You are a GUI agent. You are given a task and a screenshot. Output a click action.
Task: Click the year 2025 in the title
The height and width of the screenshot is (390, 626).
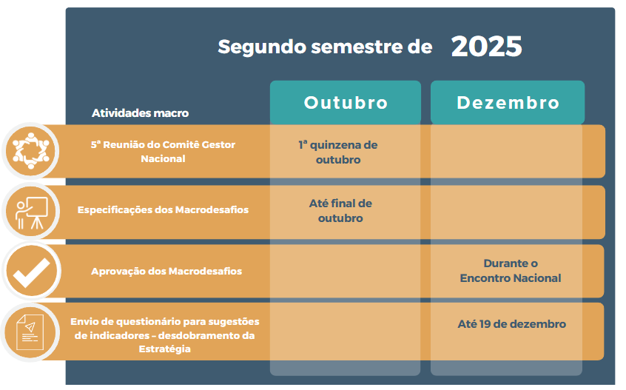click(x=486, y=47)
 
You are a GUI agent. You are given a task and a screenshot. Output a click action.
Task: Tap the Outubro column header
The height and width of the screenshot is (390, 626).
click(x=346, y=103)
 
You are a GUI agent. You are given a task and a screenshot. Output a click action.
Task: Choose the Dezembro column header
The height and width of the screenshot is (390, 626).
click(x=508, y=103)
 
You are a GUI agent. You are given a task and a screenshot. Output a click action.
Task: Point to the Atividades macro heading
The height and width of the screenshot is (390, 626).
click(x=140, y=113)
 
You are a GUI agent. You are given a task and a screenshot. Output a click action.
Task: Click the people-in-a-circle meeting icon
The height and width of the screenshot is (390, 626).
click(x=31, y=151)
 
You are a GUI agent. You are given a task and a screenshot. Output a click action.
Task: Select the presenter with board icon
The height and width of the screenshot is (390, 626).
click(x=32, y=212)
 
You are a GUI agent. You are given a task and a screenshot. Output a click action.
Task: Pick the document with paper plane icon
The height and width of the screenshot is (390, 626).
click(x=30, y=332)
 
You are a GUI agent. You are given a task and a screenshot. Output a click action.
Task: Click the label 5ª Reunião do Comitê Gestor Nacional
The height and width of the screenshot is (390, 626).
click(x=163, y=151)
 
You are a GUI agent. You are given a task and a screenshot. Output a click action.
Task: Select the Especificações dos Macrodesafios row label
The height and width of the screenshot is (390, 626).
click(x=163, y=210)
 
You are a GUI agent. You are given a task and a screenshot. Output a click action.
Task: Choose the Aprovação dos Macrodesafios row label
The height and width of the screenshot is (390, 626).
click(x=166, y=271)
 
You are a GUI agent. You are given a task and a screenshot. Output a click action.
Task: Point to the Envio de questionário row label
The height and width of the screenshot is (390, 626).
click(x=164, y=335)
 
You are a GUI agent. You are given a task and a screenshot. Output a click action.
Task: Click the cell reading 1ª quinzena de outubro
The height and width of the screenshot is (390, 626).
click(x=338, y=152)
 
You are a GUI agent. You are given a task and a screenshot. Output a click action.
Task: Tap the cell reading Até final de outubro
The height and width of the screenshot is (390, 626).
click(x=340, y=211)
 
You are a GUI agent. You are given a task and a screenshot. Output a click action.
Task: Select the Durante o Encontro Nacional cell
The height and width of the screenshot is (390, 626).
click(x=511, y=271)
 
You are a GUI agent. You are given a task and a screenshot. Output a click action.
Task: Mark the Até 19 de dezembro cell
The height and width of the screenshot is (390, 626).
click(x=512, y=323)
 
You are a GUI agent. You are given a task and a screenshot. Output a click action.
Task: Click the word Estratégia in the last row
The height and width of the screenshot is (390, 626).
click(x=164, y=349)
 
